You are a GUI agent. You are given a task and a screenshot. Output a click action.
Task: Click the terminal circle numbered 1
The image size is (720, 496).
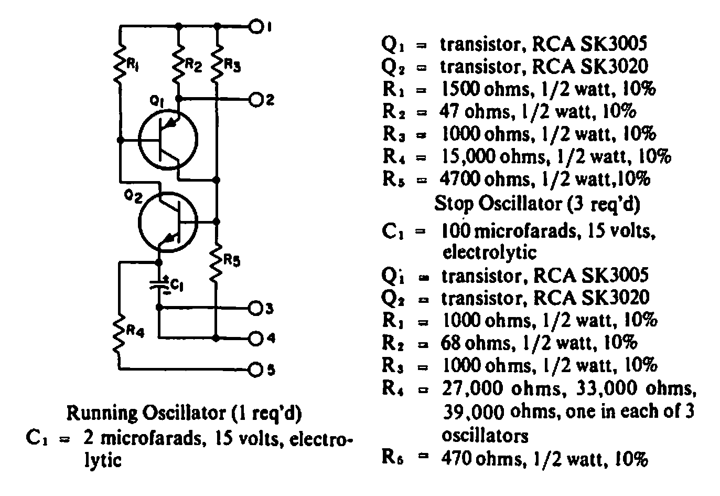point(256,27)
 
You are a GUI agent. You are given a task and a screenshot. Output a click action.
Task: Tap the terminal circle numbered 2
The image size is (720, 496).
point(256,100)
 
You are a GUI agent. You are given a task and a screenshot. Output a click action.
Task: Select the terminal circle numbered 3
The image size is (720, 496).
point(256,309)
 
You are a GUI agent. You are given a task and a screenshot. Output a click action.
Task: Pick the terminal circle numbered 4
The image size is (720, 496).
point(256,339)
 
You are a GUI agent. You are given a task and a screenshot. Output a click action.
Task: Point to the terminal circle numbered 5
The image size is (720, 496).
point(256,370)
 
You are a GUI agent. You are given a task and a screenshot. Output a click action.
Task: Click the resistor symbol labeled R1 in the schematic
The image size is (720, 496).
point(120,65)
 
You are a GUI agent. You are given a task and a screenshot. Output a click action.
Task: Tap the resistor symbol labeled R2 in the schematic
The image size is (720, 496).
point(179,65)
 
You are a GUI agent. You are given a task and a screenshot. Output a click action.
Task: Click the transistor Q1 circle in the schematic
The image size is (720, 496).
point(168,140)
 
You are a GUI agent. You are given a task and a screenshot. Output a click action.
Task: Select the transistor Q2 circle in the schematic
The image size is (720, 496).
point(168,222)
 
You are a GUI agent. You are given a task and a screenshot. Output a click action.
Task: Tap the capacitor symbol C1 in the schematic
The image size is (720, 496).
point(159,284)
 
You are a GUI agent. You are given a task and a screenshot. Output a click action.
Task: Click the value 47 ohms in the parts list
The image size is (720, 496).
point(475,112)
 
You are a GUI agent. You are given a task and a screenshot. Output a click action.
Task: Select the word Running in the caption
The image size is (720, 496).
point(102,414)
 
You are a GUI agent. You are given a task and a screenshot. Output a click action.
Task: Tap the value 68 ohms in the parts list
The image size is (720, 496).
point(476,343)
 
